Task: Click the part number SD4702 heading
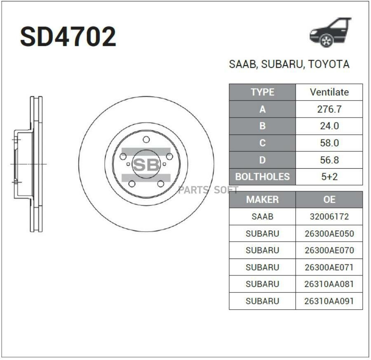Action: point(68,37)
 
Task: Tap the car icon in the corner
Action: point(331,33)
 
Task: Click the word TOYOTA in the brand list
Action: point(329,64)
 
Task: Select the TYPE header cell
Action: point(263,92)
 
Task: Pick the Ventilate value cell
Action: point(329,92)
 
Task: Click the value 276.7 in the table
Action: point(329,109)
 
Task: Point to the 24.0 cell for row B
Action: point(329,126)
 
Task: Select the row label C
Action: point(263,143)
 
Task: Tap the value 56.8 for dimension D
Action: point(329,160)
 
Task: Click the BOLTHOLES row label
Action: point(263,176)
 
